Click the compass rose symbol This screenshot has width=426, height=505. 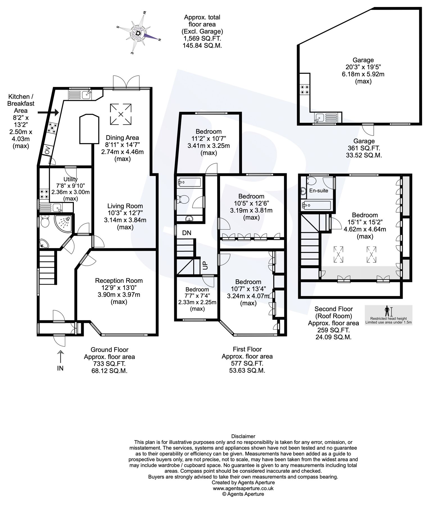(138, 32)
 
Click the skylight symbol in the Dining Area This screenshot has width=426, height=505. (121, 114)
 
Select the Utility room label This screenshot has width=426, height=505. (71, 179)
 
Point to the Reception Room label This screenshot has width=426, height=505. (119, 281)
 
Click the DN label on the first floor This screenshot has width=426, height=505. (187, 233)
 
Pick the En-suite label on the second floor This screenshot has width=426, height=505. (318, 190)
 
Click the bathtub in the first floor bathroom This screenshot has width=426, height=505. (189, 183)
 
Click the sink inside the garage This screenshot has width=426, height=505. (320, 118)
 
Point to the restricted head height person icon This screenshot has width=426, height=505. (387, 311)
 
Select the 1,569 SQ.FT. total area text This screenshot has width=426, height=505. (202, 38)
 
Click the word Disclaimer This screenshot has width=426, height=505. (243, 436)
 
